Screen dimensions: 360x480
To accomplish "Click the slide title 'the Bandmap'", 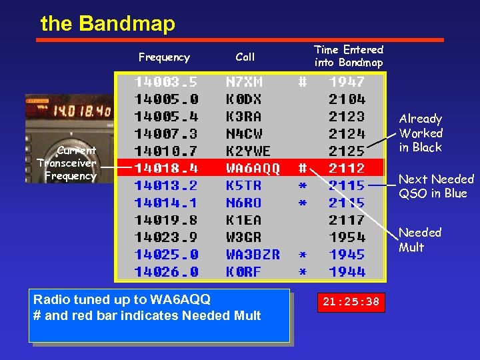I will pyautogui.click(x=107, y=24).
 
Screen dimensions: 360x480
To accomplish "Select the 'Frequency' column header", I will pyautogui.click(x=164, y=57).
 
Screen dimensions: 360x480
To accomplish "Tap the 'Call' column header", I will pyautogui.click(x=245, y=57).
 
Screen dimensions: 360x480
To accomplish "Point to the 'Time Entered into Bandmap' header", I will pyautogui.click(x=349, y=56).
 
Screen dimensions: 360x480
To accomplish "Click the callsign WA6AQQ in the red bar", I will pyautogui.click(x=253, y=167).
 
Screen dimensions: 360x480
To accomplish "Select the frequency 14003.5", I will pyautogui.click(x=166, y=82).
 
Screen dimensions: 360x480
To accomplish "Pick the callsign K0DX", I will pyautogui.click(x=244, y=99).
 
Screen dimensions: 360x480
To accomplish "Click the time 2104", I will pyautogui.click(x=347, y=99).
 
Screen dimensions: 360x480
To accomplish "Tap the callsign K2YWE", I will pyautogui.click(x=249, y=151).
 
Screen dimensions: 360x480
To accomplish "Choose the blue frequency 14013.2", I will pyautogui.click(x=166, y=185).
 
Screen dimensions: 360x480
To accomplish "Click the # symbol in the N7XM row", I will pyautogui.click(x=302, y=82).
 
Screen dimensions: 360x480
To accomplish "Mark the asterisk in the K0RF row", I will pyautogui.click(x=302, y=272).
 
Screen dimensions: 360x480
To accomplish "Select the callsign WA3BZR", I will pyautogui.click(x=253, y=255).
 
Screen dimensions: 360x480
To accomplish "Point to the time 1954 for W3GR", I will pyautogui.click(x=347, y=237).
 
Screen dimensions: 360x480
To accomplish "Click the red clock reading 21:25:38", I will pyautogui.click(x=350, y=302).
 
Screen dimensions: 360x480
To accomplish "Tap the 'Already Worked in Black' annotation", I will pyautogui.click(x=421, y=133).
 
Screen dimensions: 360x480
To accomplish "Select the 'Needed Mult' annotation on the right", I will pyautogui.click(x=420, y=240).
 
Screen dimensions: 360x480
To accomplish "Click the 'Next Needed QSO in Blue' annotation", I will pyautogui.click(x=436, y=186).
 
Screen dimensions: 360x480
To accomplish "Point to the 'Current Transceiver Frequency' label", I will pyautogui.click(x=67, y=163).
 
